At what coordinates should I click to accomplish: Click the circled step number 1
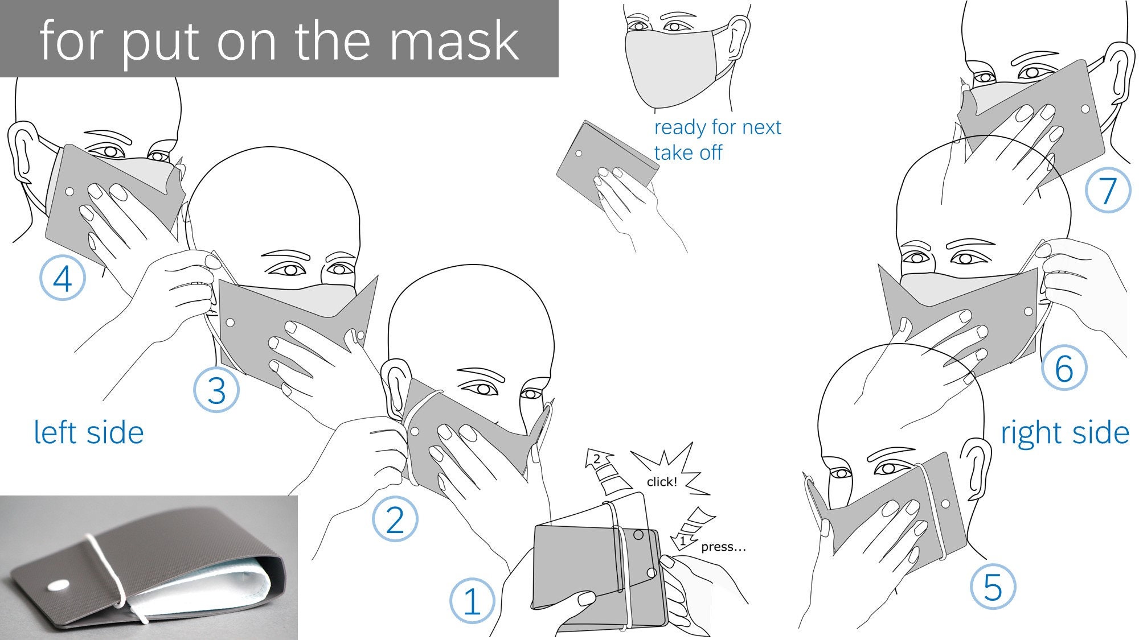tap(472, 601)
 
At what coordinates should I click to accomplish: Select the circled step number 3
tap(216, 390)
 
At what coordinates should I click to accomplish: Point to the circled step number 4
tap(62, 278)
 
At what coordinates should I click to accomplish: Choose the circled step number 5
tap(993, 587)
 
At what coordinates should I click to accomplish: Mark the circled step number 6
tap(1063, 368)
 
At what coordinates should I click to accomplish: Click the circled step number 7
tap(1107, 190)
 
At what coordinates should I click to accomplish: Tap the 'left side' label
tap(88, 432)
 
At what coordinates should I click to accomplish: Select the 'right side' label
tap(1064, 433)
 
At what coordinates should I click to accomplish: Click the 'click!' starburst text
tap(662, 481)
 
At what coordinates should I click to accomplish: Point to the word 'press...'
tap(723, 547)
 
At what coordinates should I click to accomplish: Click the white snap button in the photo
tap(57, 585)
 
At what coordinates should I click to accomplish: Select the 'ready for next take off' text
tap(716, 139)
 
